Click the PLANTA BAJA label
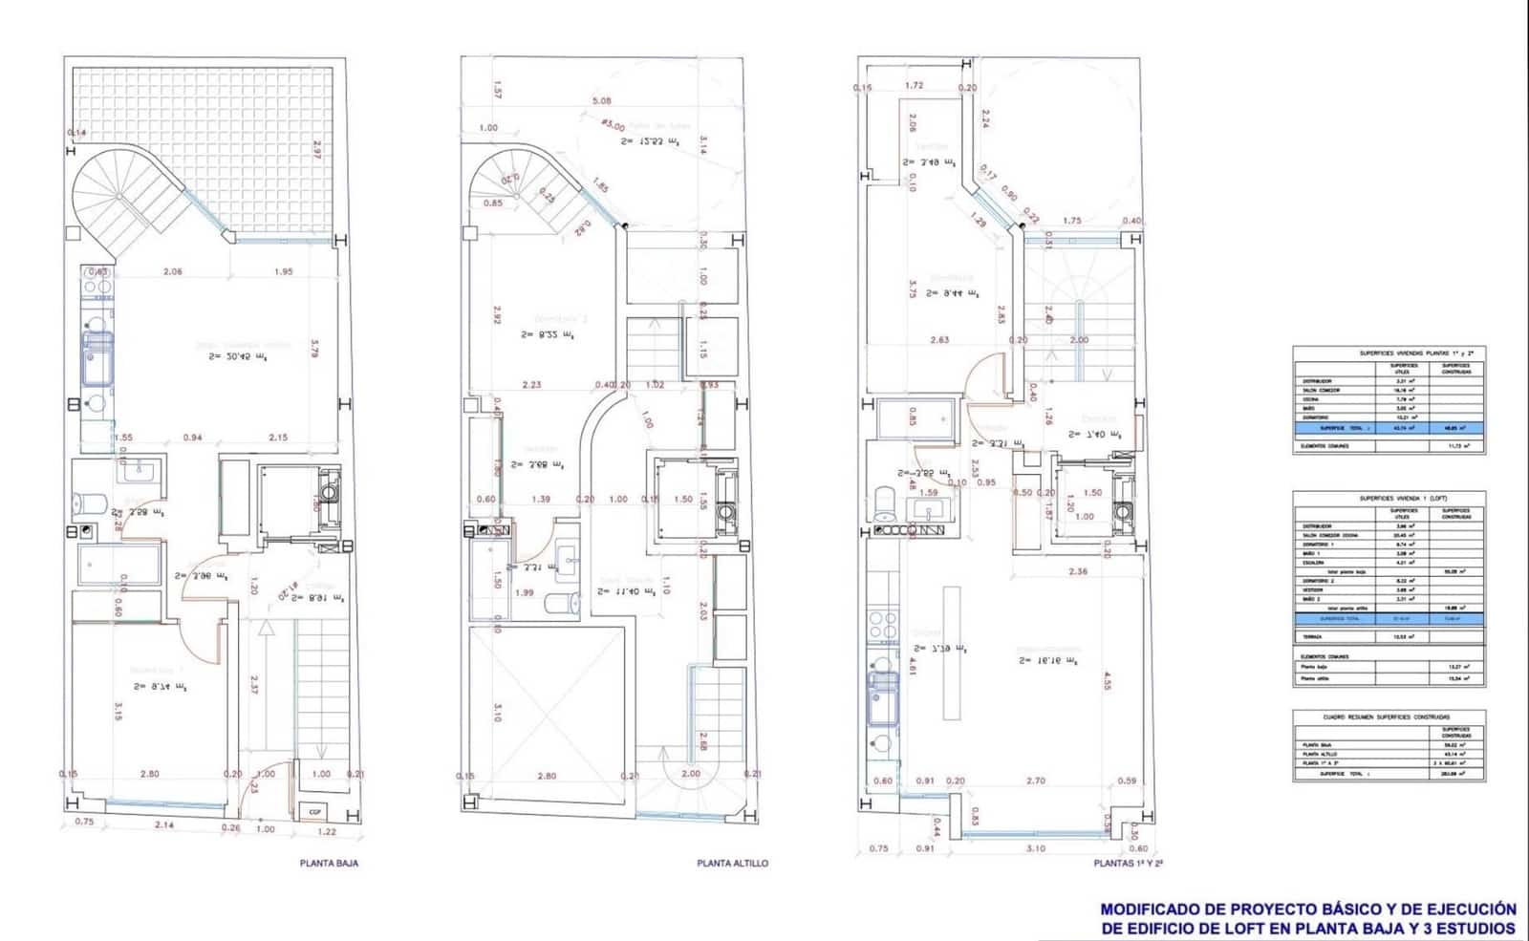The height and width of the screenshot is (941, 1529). click(x=330, y=863)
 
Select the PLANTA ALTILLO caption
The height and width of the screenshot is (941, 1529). click(x=732, y=863)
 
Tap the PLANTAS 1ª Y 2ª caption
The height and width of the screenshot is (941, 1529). click(x=1128, y=863)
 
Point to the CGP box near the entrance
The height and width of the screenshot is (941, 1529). click(x=314, y=812)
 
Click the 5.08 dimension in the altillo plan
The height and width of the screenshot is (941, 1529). click(x=601, y=100)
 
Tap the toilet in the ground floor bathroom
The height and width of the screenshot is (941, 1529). click(x=89, y=501)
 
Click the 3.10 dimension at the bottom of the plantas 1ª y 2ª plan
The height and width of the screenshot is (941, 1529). click(x=1036, y=847)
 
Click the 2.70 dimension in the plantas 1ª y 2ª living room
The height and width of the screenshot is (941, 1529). click(x=1036, y=781)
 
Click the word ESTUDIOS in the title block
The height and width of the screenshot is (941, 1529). click(x=1477, y=928)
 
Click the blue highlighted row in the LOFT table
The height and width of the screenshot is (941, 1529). click(x=1389, y=618)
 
